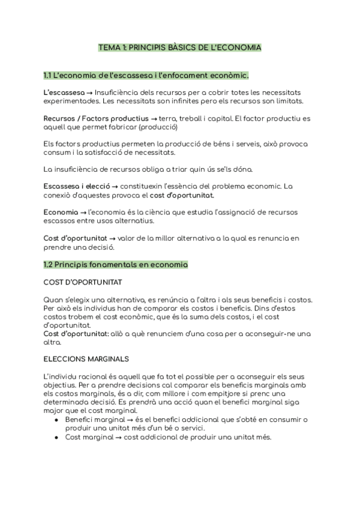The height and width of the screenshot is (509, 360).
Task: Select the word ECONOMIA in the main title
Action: click(x=239, y=47)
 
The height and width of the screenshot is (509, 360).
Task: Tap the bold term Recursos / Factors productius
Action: click(x=89, y=119)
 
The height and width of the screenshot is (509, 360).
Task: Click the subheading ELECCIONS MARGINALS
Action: click(x=86, y=359)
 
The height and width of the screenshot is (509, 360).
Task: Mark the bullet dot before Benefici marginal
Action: click(x=56, y=420)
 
